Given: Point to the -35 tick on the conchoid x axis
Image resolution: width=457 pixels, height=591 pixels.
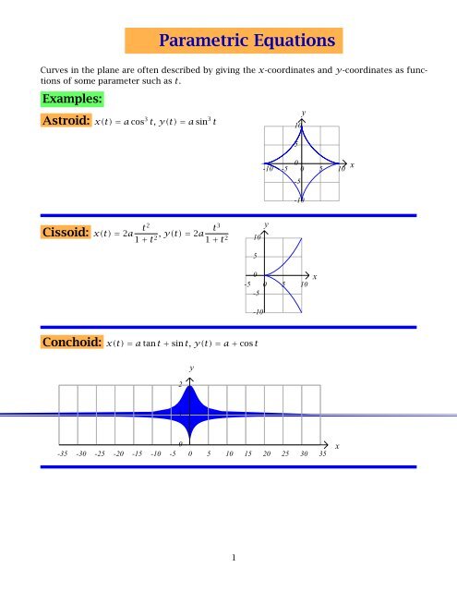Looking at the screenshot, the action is click(x=61, y=453).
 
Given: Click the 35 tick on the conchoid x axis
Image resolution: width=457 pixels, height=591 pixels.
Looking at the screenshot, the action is click(x=322, y=453).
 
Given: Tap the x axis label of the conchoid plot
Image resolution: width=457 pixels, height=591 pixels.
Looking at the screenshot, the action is click(x=338, y=447).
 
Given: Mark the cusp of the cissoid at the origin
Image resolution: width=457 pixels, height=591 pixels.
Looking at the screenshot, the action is click(x=266, y=275).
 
